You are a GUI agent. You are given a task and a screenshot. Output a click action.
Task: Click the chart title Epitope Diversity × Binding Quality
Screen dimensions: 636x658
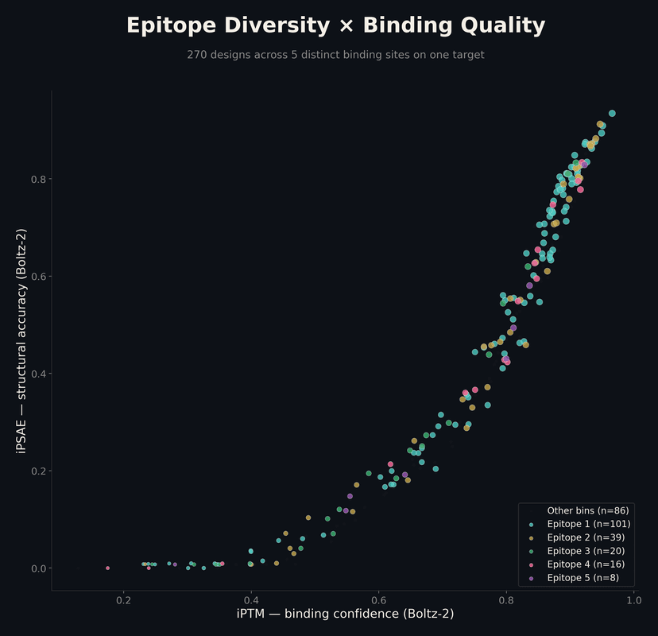(335, 25)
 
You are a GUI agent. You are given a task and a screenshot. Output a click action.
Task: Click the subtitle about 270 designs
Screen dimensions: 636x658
(335, 55)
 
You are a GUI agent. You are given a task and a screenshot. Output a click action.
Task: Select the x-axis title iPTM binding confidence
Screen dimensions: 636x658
(345, 614)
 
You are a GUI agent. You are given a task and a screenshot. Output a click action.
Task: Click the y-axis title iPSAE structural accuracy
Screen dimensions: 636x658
(22, 341)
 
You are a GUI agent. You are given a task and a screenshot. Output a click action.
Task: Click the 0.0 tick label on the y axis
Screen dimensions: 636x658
(38, 568)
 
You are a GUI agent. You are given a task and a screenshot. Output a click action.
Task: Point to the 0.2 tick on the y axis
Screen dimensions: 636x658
(38, 471)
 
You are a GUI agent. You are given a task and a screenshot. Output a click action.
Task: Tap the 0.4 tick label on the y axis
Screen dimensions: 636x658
(38, 374)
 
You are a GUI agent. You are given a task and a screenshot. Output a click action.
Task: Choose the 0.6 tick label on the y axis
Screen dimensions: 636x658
(38, 276)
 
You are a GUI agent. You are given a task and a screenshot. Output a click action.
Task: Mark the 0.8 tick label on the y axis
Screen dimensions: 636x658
(38, 179)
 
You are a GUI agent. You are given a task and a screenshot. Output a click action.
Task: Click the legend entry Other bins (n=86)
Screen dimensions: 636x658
(588, 511)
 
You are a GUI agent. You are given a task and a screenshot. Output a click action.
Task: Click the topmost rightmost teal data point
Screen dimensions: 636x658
(612, 114)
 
